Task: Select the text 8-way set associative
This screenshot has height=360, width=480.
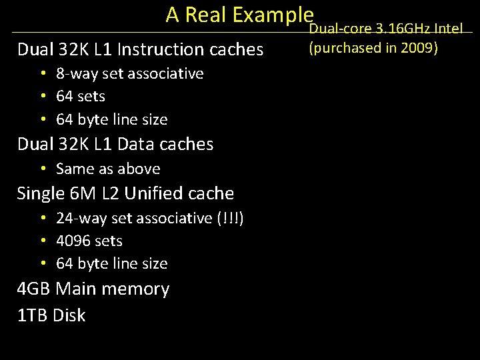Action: (130, 73)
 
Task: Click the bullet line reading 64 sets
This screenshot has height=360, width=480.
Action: (81, 97)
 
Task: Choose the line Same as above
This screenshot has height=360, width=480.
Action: (108, 169)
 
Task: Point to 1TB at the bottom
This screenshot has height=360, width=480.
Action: (33, 315)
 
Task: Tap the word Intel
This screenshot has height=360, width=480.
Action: (448, 29)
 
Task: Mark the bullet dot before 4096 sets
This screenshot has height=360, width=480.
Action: (43, 241)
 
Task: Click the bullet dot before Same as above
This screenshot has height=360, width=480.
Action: (43, 169)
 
